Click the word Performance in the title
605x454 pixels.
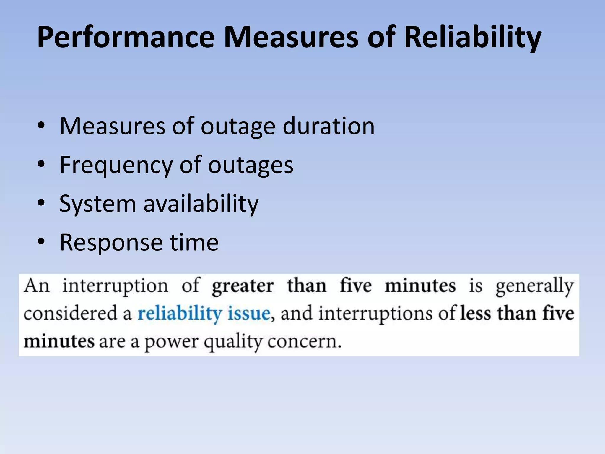(126, 38)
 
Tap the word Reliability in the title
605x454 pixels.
(472, 38)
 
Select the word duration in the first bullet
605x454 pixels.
(328, 127)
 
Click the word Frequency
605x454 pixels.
(116, 166)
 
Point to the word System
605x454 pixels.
(97, 204)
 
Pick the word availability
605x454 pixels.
(201, 204)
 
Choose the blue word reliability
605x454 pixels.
(180, 314)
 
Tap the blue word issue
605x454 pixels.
(249, 313)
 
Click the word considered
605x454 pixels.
(70, 313)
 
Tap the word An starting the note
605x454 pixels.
(37, 286)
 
